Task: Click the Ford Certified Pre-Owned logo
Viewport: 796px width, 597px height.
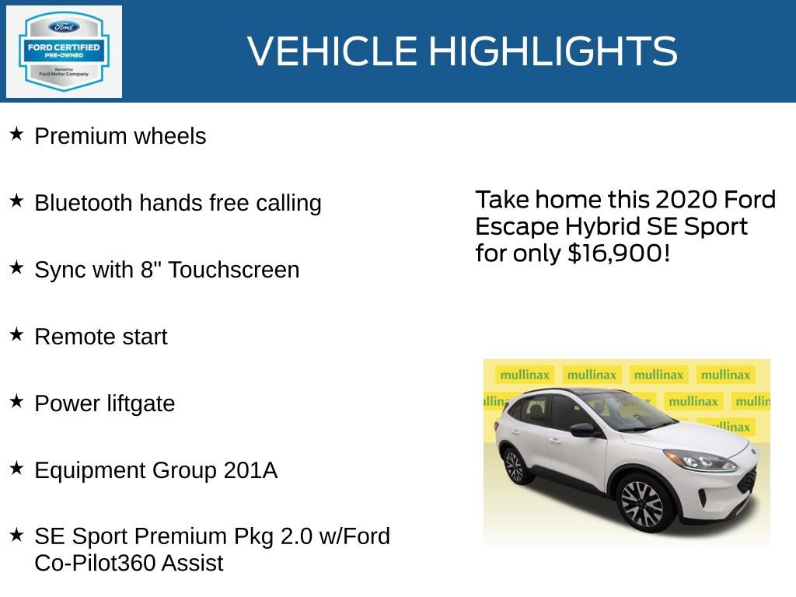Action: pyautogui.click(x=64, y=52)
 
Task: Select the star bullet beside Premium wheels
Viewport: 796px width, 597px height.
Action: pyautogui.click(x=16, y=134)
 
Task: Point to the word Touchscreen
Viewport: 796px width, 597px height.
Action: pyautogui.click(x=233, y=270)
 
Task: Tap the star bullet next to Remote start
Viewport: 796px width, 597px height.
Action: pyautogui.click(x=16, y=335)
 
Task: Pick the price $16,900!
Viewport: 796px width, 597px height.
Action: pyautogui.click(x=619, y=253)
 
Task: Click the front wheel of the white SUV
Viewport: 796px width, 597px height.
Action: pyautogui.click(x=642, y=504)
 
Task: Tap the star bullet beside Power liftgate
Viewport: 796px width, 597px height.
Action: pyautogui.click(x=16, y=402)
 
